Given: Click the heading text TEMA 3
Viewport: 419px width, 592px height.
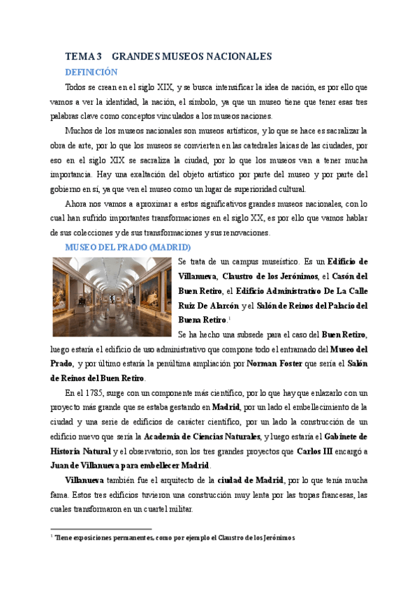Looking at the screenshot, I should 83,57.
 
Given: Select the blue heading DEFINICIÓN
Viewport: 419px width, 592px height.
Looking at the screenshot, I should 91,73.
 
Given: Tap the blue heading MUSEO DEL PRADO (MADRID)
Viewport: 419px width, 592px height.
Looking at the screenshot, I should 128,247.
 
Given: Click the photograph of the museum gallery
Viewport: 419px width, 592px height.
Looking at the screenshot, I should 112,297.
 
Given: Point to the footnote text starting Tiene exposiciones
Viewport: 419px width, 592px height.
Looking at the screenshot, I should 175,538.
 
